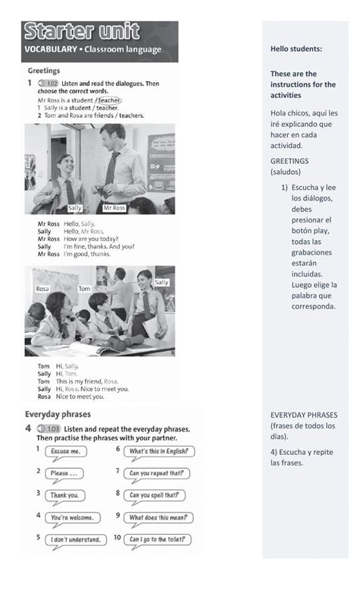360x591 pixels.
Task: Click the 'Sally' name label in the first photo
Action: point(74,207)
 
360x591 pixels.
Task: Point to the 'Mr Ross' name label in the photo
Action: point(115,207)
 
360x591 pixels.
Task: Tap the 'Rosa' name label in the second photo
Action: point(43,289)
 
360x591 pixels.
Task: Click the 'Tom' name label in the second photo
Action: point(84,289)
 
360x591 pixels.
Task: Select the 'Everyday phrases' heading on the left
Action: point(58,415)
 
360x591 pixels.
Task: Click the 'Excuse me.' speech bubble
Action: point(65,451)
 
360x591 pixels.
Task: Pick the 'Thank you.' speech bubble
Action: point(65,495)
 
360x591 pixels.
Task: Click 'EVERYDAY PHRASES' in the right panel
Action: point(304,416)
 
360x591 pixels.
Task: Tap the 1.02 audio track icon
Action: point(47,81)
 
